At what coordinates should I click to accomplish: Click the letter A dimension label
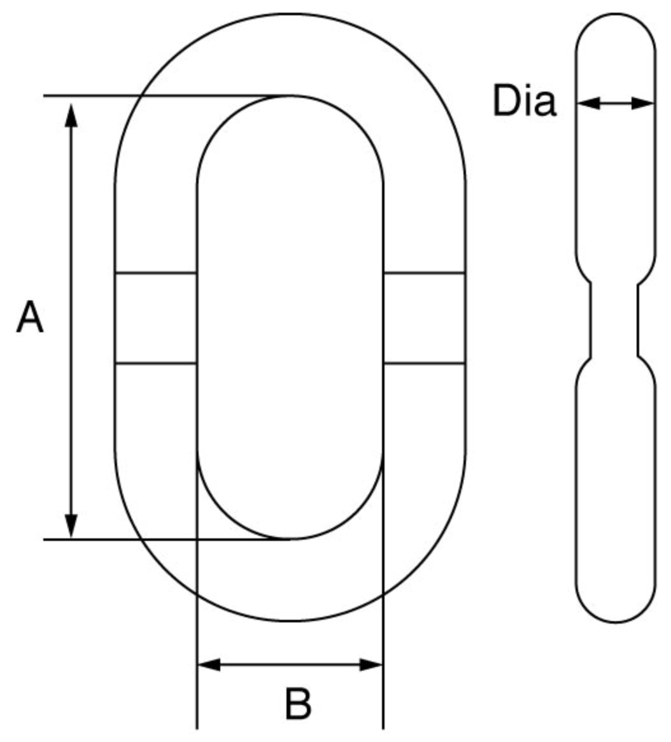pos(30,316)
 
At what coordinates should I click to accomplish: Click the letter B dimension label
pos(299,704)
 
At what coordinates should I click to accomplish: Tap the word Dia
pos(524,101)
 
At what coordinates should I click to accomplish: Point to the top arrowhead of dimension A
pos(71,115)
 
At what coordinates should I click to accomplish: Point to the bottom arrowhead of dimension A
pos(71,525)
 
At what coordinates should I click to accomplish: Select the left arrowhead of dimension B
pos(209,664)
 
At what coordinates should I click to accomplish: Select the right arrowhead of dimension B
pos(371,664)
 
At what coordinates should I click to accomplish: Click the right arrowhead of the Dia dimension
pos(643,102)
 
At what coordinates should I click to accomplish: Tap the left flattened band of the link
pos(156,318)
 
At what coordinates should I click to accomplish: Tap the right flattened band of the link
pos(424,318)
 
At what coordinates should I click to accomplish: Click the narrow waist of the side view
pos(615,320)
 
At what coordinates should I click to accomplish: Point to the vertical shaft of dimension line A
pos(71,320)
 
